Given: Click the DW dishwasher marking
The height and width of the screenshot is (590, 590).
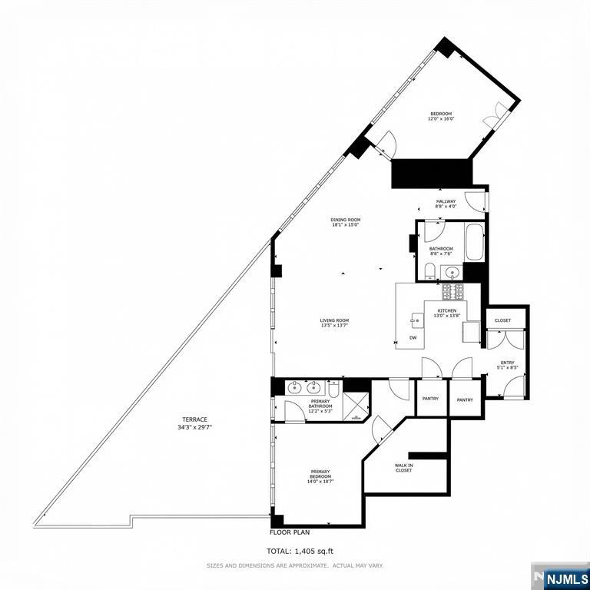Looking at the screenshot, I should coord(413,338).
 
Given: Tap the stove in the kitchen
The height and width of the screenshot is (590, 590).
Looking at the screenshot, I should coord(452,291).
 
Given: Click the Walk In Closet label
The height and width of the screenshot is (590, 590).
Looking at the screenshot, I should coord(403,468).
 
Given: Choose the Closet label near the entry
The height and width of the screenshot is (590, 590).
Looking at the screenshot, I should coord(502,320).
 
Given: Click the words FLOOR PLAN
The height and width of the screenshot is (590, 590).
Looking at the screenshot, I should coord(290,532).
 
